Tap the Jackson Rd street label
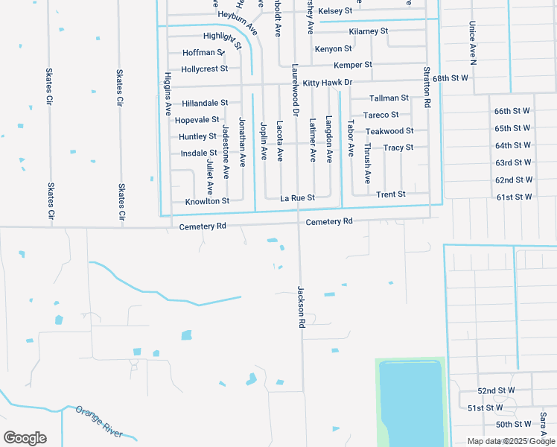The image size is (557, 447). pos(302,308)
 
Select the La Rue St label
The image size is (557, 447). pos(298,198)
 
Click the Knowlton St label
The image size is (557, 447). pos(207,201)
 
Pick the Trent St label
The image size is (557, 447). pos(391,194)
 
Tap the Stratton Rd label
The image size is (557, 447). pos(427,88)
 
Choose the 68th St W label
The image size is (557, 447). pos(450,77)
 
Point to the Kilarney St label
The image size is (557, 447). pos(369,31)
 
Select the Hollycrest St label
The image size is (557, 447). pos(204,69)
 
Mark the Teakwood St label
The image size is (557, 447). pos(389,131)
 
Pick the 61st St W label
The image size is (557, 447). pos(515,197)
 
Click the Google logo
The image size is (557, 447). pos(25,437)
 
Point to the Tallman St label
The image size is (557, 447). pos(389,98)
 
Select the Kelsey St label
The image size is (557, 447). pos(335,11)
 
